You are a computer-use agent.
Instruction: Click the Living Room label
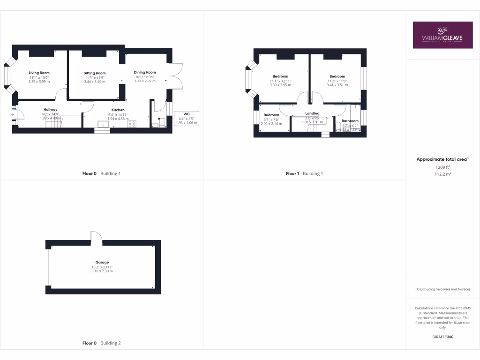pos(39,73)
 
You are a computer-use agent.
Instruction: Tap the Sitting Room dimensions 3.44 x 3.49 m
pos(95,82)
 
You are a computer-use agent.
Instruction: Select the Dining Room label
pos(145,72)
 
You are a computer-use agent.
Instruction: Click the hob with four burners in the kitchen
pos(132,124)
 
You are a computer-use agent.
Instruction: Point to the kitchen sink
pos(102,124)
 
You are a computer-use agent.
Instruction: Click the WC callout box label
pos(186,114)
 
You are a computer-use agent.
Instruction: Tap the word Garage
pos(102,262)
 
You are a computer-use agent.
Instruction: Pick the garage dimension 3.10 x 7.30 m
pos(102,271)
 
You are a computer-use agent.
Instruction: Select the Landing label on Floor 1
pos(312,113)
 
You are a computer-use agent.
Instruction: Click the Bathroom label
pos(350,121)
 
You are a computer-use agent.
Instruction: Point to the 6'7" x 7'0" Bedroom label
pos(271,115)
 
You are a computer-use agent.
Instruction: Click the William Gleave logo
pos(442,35)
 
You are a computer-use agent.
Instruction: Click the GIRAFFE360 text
pos(442,337)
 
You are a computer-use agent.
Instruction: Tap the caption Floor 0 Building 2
pos(102,343)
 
